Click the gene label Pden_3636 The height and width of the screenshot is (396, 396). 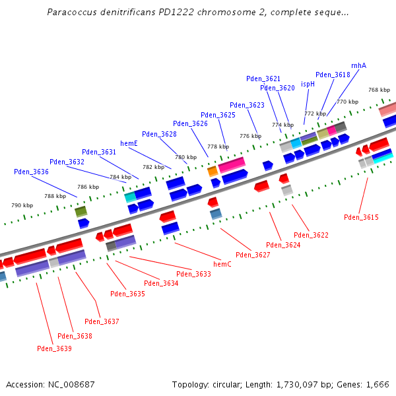click(31, 172)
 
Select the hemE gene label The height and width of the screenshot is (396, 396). click(129, 143)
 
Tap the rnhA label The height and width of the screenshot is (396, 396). click(358, 65)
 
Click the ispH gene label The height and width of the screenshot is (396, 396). click(308, 84)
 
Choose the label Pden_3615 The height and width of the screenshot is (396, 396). click(361, 217)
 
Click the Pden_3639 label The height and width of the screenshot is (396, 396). click(54, 348)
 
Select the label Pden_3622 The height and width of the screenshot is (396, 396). click(311, 235)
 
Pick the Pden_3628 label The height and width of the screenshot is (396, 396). click(159, 134)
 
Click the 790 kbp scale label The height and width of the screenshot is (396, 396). click(22, 205)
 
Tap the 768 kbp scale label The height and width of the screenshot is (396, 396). click(379, 90)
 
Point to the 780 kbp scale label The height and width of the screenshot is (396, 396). click(185, 157)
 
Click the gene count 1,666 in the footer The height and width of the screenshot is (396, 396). click(376, 384)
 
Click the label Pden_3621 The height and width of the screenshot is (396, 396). click(263, 79)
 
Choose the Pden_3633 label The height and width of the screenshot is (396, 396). click(193, 274)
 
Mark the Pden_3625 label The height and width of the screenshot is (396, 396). click(218, 115)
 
